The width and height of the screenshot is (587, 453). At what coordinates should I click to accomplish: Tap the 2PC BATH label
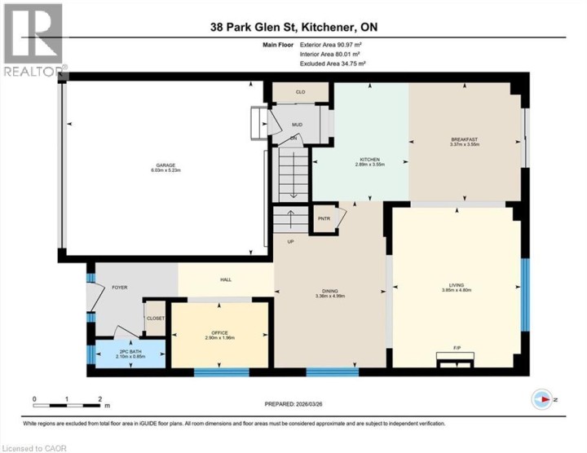click(x=130, y=351)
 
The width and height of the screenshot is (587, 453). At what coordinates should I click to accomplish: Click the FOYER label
click(x=120, y=288)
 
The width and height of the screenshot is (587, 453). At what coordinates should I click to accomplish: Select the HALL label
click(x=226, y=279)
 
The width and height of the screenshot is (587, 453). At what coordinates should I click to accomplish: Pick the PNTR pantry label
click(x=324, y=218)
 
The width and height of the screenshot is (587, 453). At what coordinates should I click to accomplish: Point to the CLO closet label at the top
click(x=300, y=93)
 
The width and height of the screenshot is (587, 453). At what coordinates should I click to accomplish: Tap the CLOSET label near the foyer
click(x=155, y=318)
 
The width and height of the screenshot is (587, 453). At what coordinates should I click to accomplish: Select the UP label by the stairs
click(x=289, y=241)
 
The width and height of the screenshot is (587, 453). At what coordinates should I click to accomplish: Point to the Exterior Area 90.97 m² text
click(x=330, y=45)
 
